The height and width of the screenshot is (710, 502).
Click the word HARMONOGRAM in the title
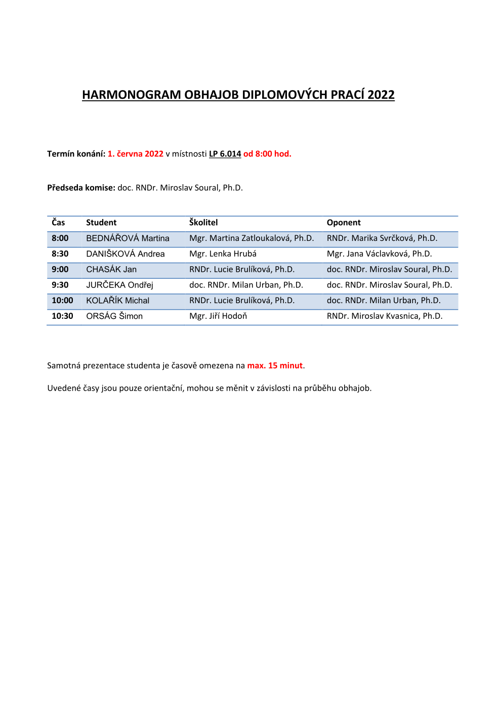point(131,95)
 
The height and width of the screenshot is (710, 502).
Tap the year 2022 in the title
point(381,95)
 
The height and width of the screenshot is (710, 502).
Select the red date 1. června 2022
point(135,154)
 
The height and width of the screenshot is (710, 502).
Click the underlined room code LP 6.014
point(225,154)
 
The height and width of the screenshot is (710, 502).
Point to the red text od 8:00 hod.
point(267,154)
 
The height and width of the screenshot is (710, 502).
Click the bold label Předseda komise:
point(81,188)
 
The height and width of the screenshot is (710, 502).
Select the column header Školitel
point(203,222)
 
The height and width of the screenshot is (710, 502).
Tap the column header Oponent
point(344,223)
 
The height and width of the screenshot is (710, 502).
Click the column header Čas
point(58,222)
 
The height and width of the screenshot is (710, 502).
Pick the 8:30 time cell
point(60,254)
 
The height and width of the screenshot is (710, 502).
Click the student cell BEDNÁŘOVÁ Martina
point(128,238)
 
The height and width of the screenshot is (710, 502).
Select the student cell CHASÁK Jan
point(111,269)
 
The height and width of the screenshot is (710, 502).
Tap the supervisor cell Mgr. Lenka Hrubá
point(223,254)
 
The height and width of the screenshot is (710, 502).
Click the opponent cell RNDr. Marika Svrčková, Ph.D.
point(382,238)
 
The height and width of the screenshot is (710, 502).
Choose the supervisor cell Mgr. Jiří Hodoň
point(218,316)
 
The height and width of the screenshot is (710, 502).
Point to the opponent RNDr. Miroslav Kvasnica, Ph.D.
point(385,316)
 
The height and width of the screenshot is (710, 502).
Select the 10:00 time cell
point(62,300)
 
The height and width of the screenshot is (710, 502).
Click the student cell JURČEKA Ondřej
point(119,284)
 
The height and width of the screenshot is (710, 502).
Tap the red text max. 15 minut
point(275,365)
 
